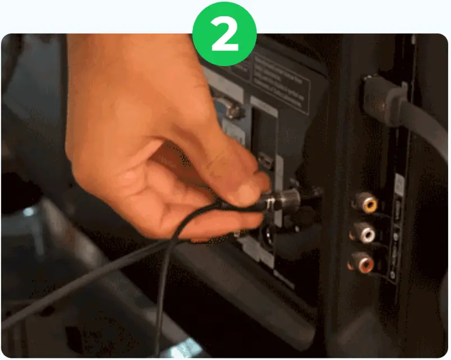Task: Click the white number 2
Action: (224, 35)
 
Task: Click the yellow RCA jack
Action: (367, 203)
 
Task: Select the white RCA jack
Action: (365, 232)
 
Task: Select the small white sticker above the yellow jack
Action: (399, 186)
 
